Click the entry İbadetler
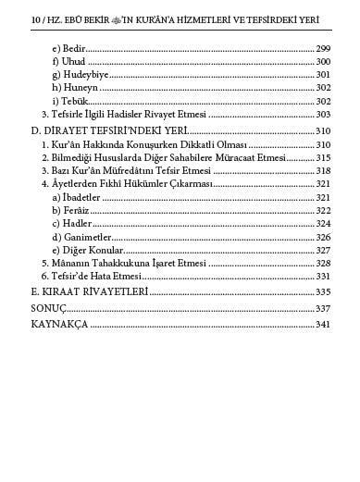(x=78, y=197)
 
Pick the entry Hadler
(x=71, y=223)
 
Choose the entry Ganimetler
(x=81, y=237)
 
